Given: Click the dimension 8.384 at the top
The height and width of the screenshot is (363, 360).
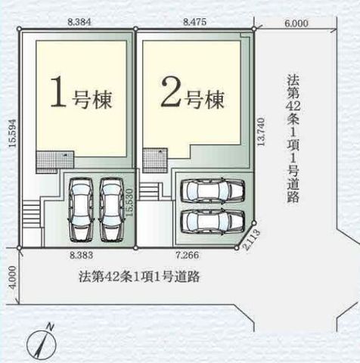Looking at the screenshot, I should pos(78,23).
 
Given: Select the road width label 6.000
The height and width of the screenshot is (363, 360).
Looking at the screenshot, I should pos(296,23).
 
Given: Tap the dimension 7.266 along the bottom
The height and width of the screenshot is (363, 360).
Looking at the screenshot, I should pos(188,257).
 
